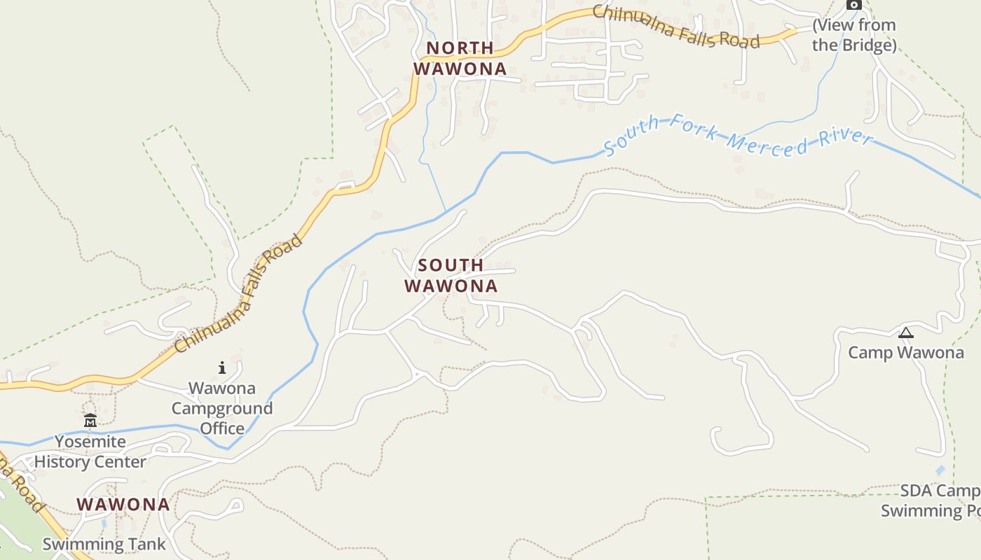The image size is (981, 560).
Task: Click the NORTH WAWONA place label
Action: (460, 58)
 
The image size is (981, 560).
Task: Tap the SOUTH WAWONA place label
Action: (451, 276)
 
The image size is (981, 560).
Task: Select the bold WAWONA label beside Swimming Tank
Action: (123, 504)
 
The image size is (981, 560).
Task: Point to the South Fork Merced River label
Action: (738, 136)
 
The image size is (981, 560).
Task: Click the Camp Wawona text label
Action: (905, 352)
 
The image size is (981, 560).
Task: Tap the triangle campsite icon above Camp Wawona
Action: (905, 333)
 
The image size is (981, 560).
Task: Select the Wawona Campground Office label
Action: (222, 408)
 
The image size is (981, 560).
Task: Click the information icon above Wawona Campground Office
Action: (222, 367)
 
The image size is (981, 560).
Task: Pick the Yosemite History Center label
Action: (90, 451)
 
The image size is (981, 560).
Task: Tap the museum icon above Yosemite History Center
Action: (90, 421)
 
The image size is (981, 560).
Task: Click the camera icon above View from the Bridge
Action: (853, 5)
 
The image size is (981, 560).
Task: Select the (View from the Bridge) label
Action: (853, 35)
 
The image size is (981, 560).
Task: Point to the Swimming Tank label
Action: (104, 544)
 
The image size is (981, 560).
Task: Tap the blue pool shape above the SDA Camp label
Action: (940, 470)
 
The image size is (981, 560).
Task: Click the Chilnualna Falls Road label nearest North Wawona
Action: (676, 27)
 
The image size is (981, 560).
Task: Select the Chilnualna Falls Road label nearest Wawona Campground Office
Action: (239, 294)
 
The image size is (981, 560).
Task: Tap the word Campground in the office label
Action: (222, 408)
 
